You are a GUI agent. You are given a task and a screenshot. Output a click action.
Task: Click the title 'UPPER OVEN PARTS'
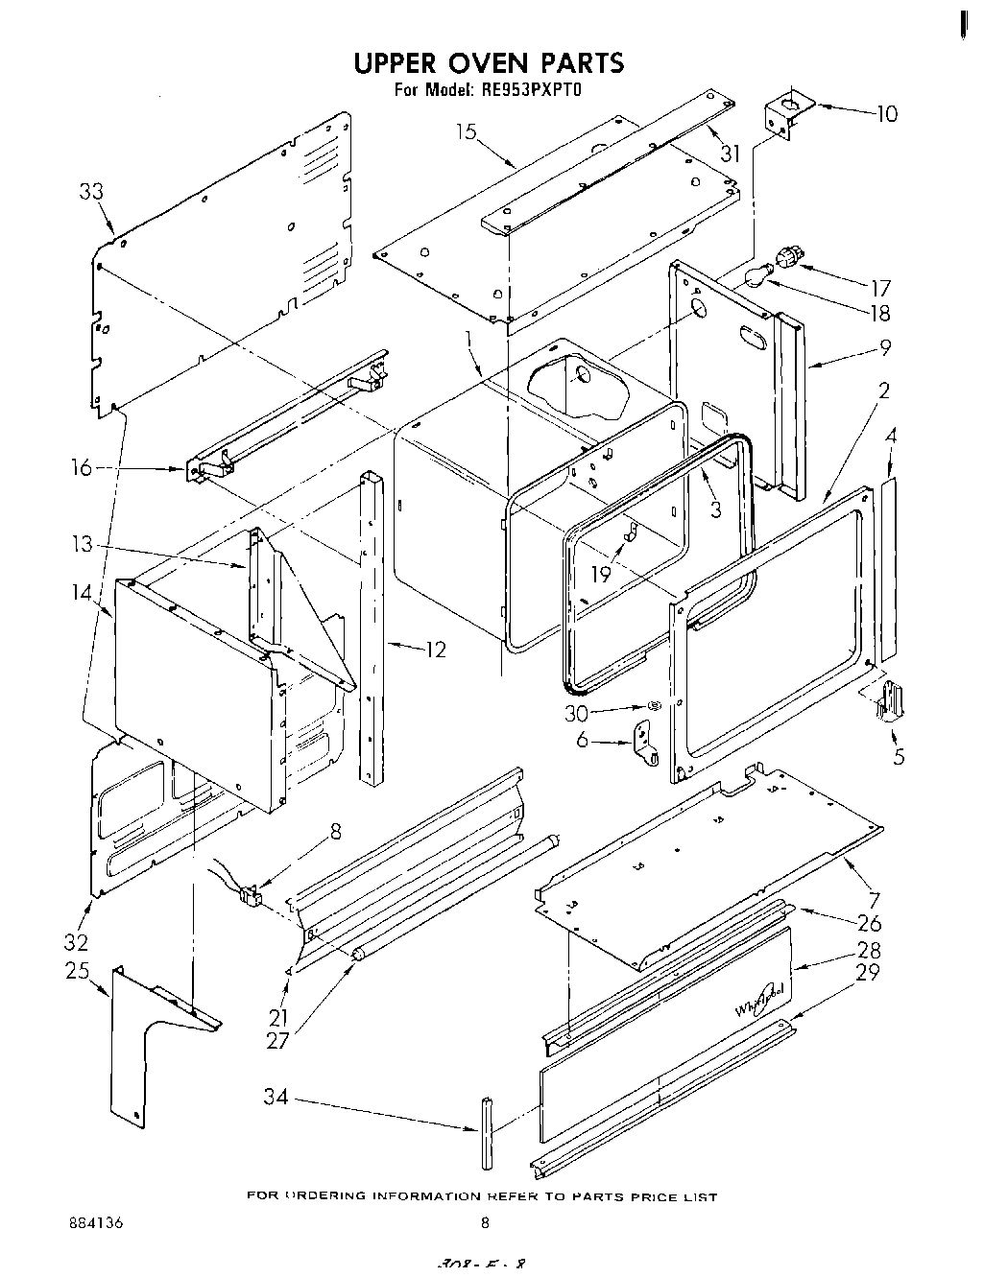[x=489, y=63]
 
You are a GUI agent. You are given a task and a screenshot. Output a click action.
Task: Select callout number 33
[x=91, y=192]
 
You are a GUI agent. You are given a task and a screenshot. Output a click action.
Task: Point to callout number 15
[x=467, y=131]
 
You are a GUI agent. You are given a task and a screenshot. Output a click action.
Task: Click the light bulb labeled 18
[x=758, y=277]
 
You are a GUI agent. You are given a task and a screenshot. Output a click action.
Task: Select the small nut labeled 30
[x=653, y=706]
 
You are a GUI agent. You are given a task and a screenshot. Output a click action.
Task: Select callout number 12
[x=435, y=650]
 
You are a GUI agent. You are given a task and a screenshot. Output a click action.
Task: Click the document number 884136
[x=96, y=1222]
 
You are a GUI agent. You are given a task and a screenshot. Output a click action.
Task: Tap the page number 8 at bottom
[x=485, y=1222]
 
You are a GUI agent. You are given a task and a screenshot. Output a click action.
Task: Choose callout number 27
[x=278, y=1039]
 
